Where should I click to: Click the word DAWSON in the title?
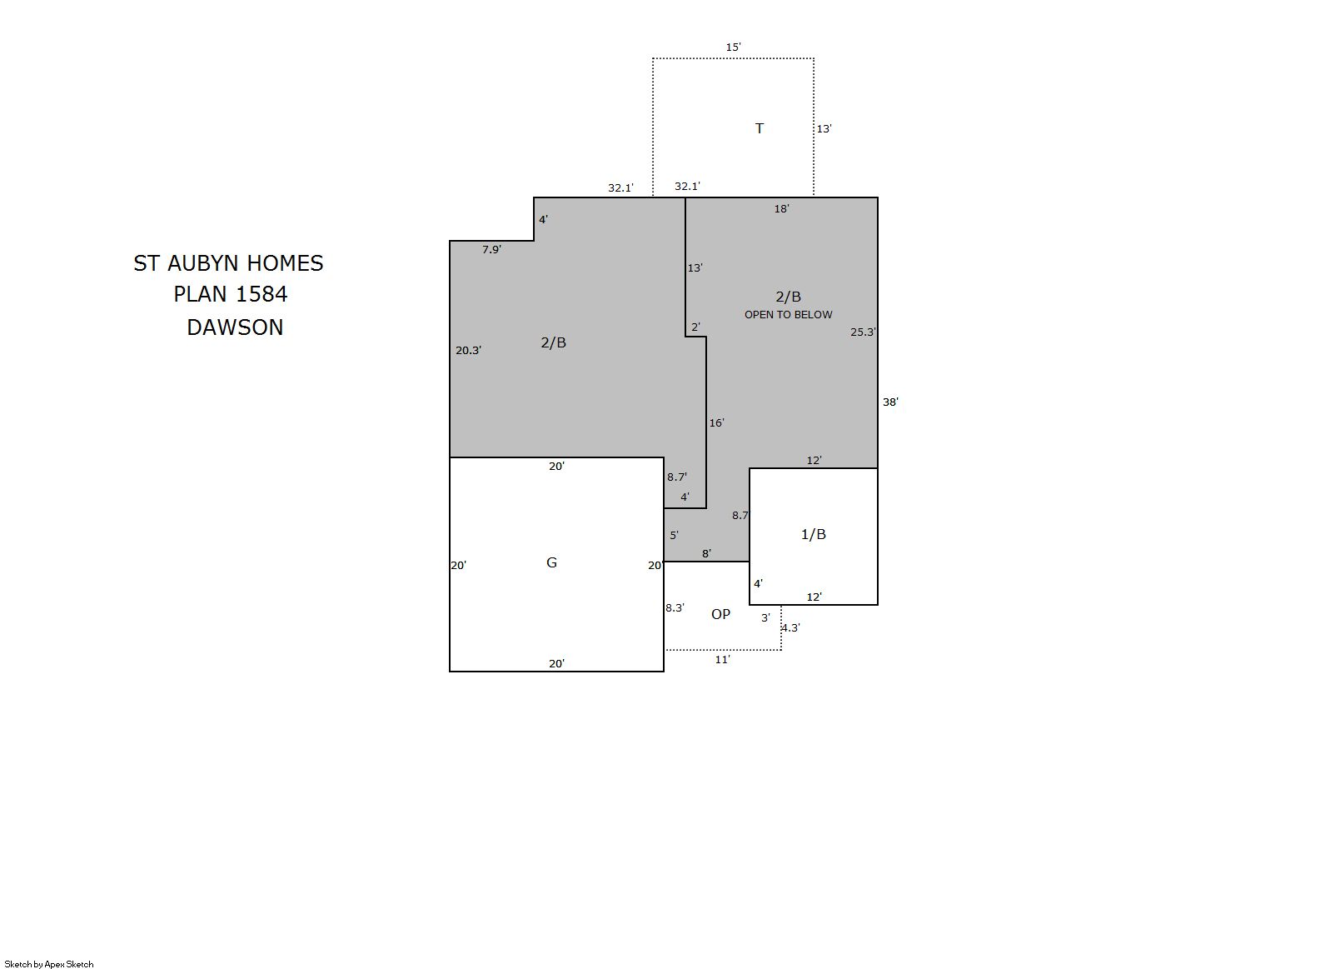tap(235, 327)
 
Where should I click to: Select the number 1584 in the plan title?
tap(261, 294)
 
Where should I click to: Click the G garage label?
tap(551, 563)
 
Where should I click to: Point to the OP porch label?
tap(720, 614)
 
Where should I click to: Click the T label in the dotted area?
tap(760, 128)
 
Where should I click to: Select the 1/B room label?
tap(813, 535)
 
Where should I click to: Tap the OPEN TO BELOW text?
tap(789, 315)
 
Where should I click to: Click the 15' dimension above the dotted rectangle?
tap(733, 47)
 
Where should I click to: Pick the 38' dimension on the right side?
tap(890, 402)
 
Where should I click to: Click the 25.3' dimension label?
tap(863, 332)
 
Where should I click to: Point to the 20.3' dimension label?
tap(469, 351)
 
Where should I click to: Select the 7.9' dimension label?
tap(491, 250)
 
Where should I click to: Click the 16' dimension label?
tap(716, 423)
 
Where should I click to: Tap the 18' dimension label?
tap(781, 208)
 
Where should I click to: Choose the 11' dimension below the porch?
tap(723, 660)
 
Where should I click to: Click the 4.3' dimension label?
tap(791, 628)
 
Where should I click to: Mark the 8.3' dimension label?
tap(675, 607)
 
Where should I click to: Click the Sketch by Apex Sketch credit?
tap(49, 964)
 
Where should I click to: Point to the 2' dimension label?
tap(695, 327)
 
